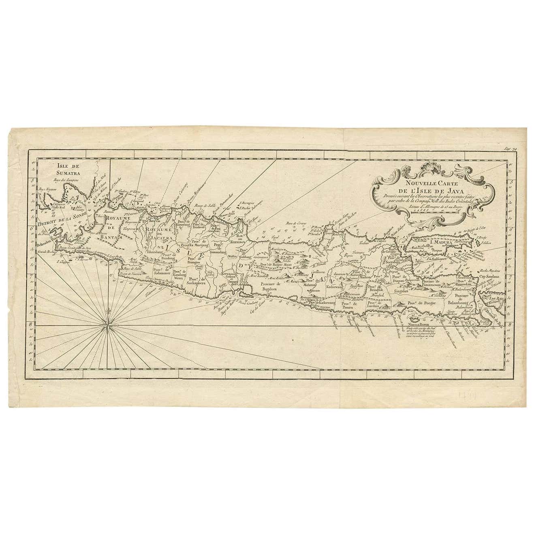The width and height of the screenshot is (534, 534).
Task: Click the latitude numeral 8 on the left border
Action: coord(31,323)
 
